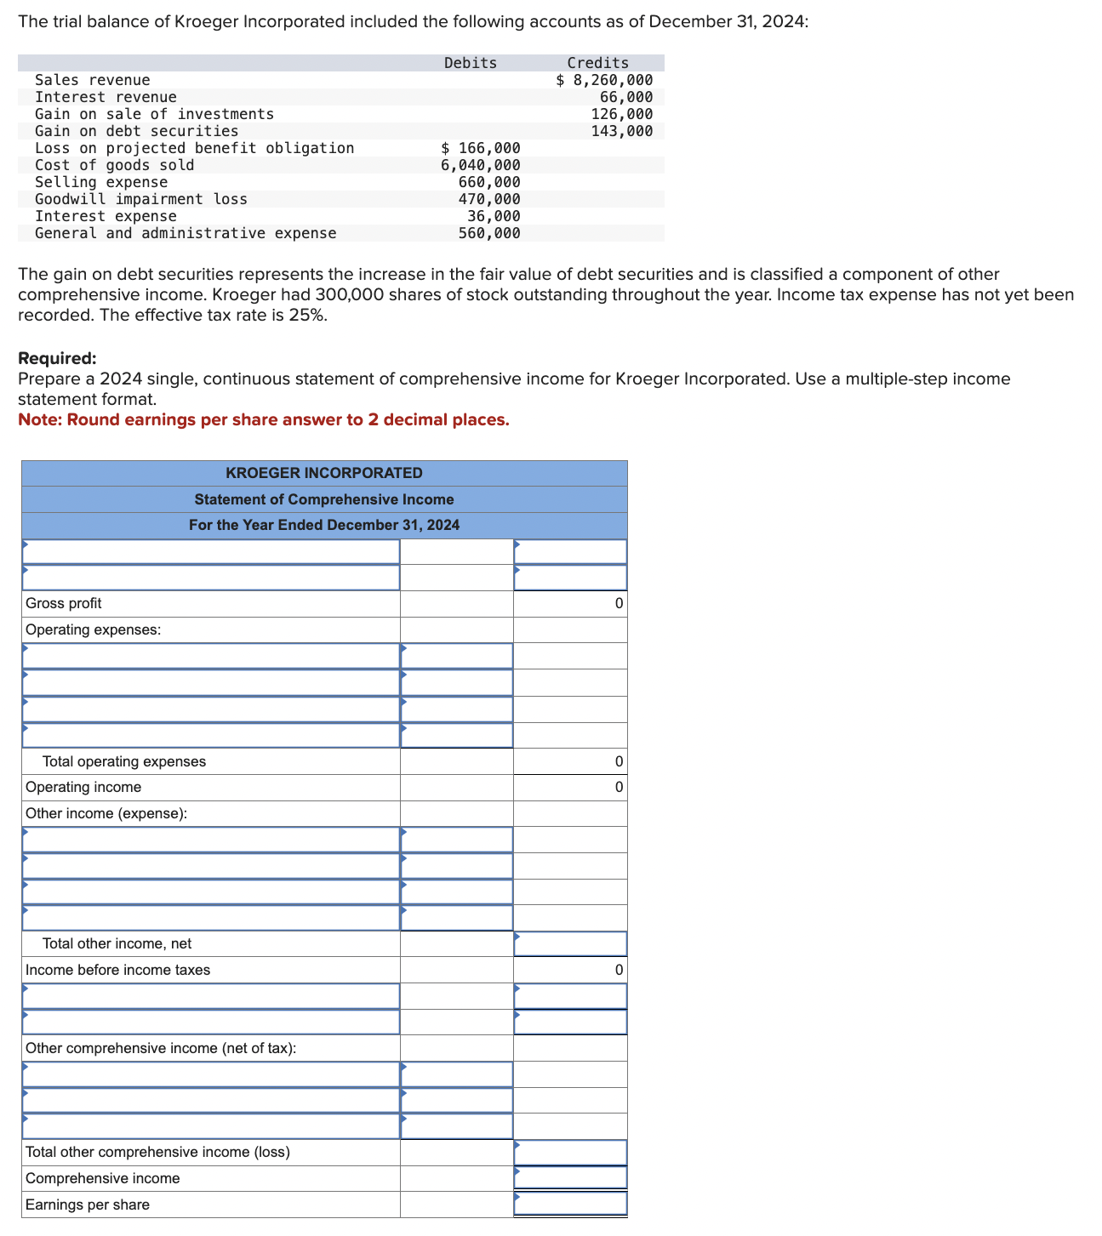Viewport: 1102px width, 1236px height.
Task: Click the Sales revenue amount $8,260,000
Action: click(x=604, y=80)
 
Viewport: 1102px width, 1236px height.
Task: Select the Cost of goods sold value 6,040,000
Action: click(x=480, y=165)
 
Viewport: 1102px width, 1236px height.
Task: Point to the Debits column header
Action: click(x=470, y=63)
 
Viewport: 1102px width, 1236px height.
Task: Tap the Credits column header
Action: click(x=597, y=63)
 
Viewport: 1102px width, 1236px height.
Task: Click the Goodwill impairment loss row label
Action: click(x=141, y=199)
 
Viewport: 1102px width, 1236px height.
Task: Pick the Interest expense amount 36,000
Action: click(x=494, y=216)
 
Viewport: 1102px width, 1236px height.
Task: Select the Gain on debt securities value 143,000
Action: click(x=622, y=131)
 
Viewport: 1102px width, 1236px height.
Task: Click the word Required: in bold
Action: click(x=57, y=358)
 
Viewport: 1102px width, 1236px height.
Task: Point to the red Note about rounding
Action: click(x=264, y=419)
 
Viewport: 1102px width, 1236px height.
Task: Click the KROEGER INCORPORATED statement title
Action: click(x=324, y=473)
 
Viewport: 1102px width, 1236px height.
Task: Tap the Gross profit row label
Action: click(x=64, y=603)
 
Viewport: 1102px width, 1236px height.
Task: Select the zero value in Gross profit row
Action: click(x=619, y=603)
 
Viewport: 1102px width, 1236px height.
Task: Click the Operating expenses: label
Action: click(x=94, y=629)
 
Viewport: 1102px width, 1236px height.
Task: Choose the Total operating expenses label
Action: click(x=124, y=761)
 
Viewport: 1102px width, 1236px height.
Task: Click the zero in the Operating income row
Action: click(x=619, y=787)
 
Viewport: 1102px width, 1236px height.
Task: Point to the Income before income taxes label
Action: click(x=118, y=970)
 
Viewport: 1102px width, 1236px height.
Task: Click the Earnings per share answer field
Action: click(x=570, y=1204)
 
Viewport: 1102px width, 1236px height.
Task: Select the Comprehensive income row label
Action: click(x=103, y=1178)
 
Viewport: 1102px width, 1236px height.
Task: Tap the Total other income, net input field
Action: click(x=570, y=943)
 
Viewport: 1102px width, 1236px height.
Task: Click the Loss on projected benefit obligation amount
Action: click(x=481, y=148)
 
